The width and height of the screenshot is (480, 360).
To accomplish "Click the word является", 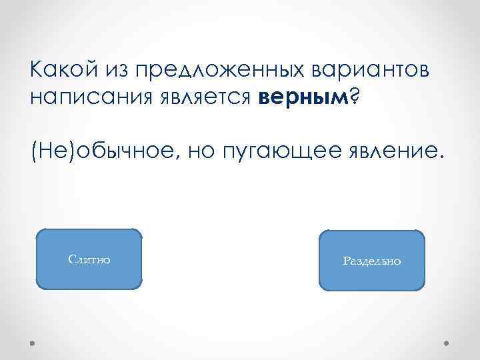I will [x=204, y=98].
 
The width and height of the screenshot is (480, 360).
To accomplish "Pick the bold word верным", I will [x=302, y=98].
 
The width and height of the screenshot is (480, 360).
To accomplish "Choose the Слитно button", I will [x=89, y=259].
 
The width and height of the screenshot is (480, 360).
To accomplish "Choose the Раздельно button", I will [x=372, y=261].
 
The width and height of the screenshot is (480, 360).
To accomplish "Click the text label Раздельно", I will [x=372, y=261].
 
